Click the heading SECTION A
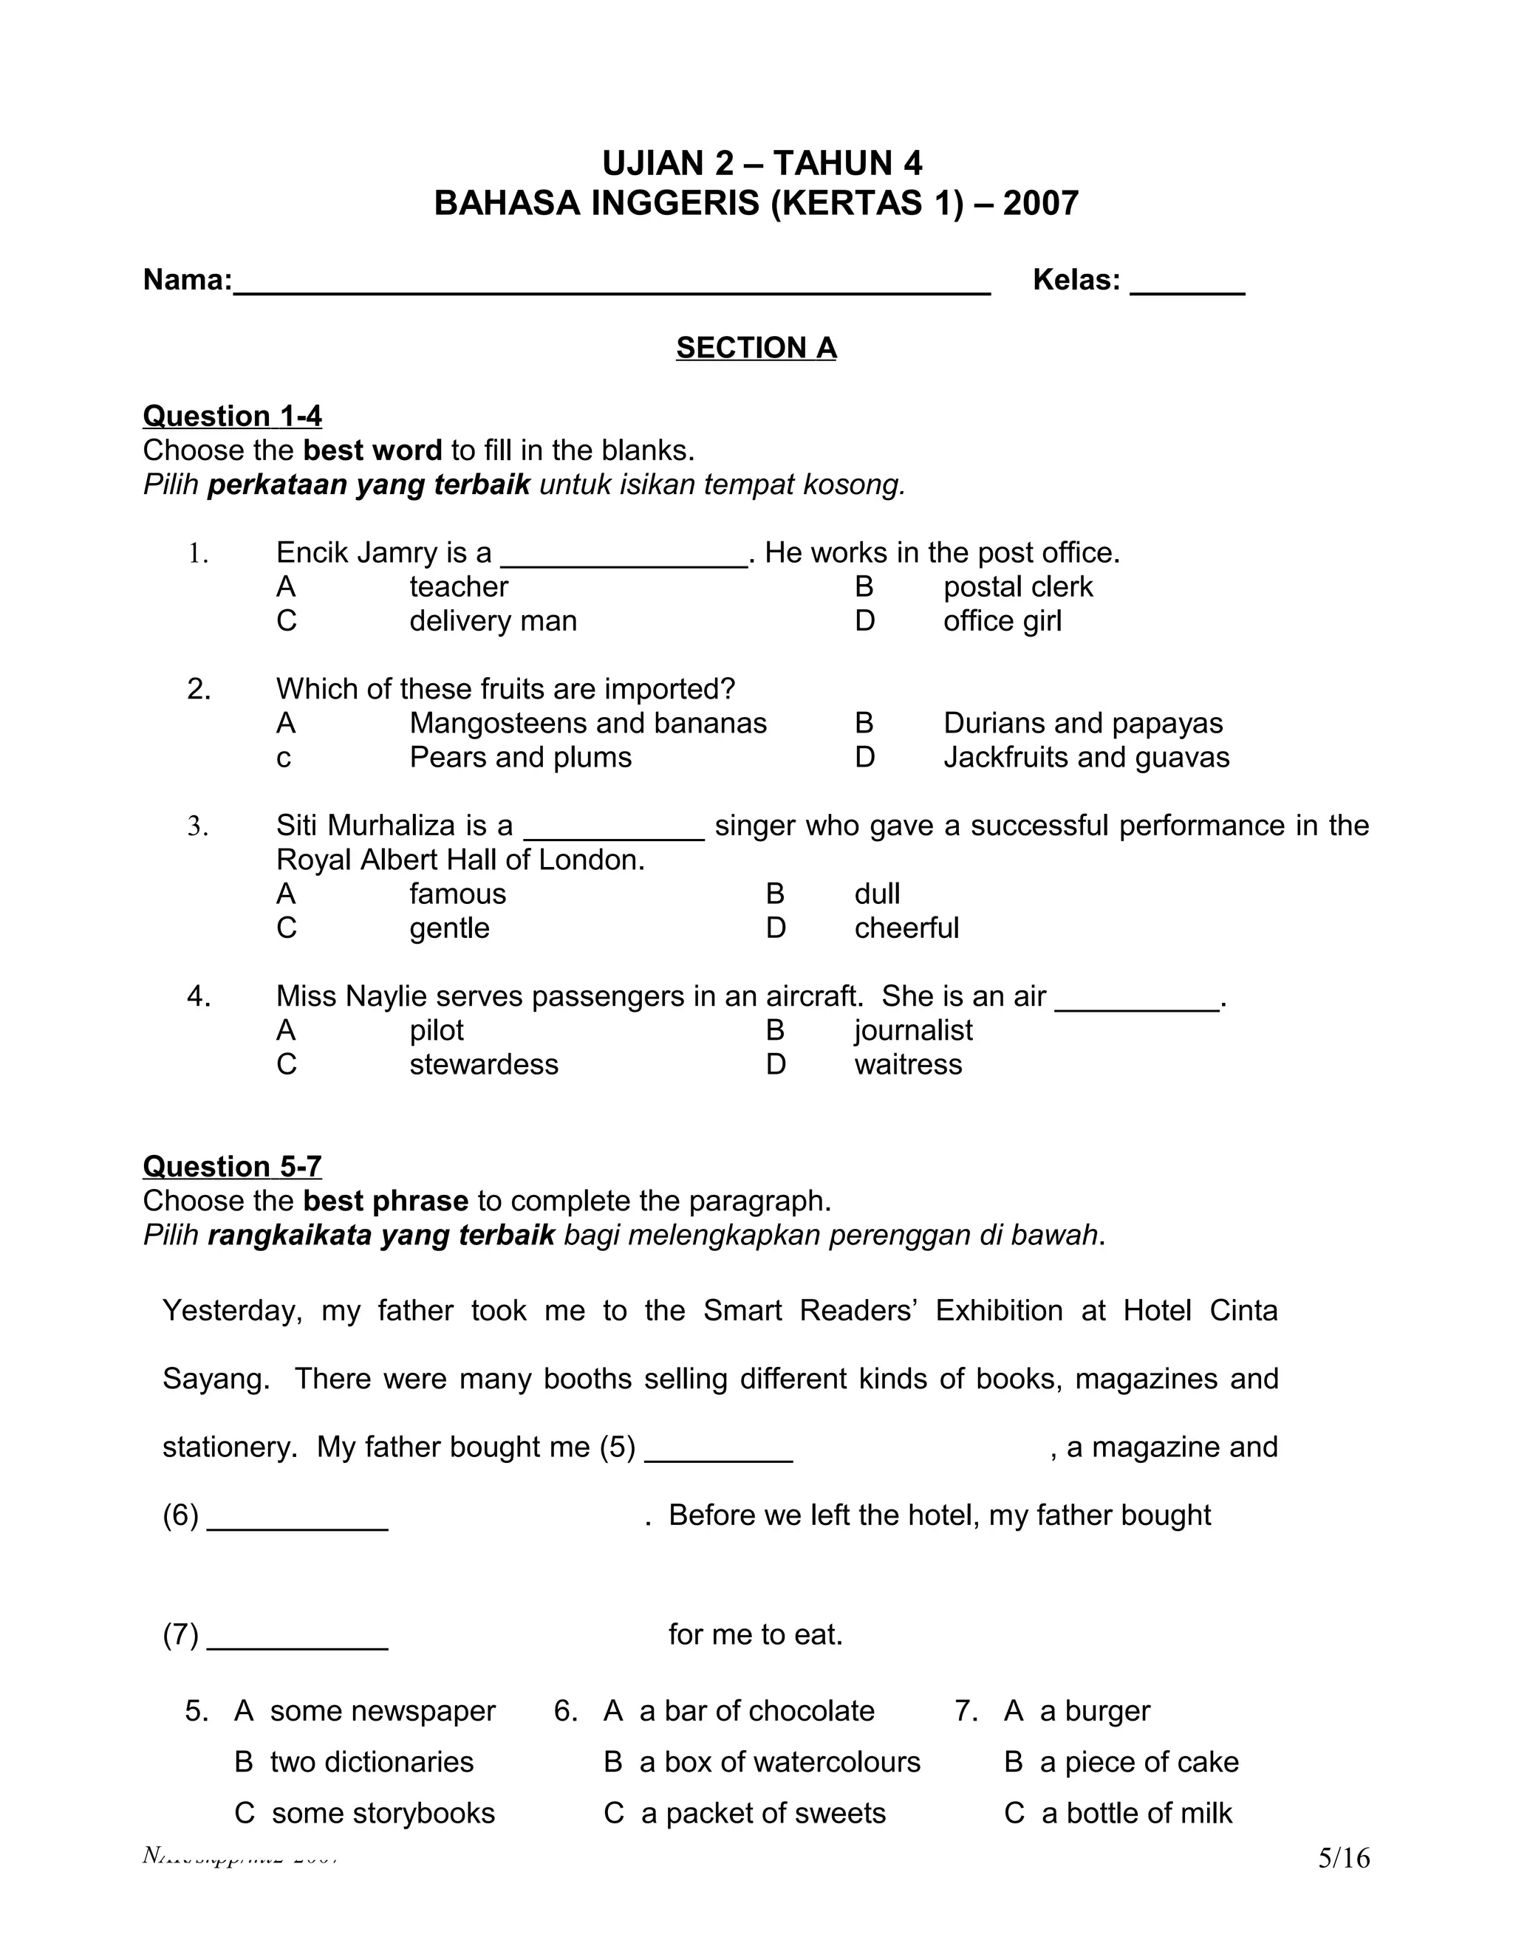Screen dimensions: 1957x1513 (x=756, y=348)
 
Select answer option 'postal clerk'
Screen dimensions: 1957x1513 (x=1017, y=587)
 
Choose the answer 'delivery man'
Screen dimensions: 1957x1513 (x=493, y=621)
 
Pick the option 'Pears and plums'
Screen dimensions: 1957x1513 (x=520, y=757)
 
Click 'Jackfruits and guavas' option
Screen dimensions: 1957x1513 (x=1085, y=757)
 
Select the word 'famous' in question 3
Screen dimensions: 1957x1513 (x=457, y=894)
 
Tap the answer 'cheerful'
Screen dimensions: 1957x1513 (x=906, y=928)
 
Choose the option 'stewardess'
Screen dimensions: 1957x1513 (x=484, y=1064)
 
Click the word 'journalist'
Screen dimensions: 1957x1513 (x=912, y=1030)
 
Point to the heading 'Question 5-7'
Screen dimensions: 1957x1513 (x=232, y=1167)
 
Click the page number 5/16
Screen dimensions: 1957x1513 (x=1342, y=1859)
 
